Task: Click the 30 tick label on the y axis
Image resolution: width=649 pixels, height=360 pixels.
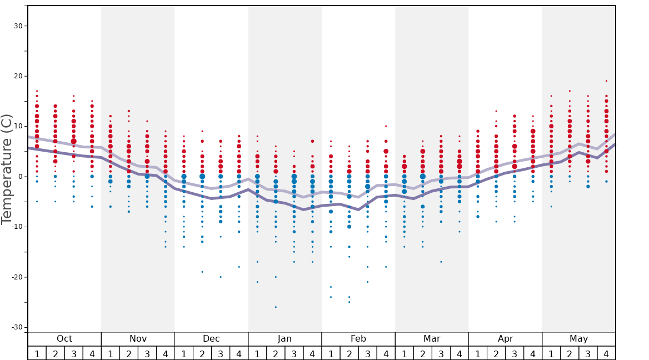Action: click(17, 26)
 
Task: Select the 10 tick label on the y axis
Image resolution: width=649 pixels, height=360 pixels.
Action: click(17, 127)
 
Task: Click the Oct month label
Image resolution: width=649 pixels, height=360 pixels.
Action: click(64, 339)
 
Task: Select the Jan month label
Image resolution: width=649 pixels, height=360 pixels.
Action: click(284, 339)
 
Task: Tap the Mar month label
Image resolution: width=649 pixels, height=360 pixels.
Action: click(432, 339)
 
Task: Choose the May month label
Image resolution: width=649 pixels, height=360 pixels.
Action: click(578, 339)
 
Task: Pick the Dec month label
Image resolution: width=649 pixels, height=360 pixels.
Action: click(211, 339)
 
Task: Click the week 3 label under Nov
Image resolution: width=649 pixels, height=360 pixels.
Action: click(147, 353)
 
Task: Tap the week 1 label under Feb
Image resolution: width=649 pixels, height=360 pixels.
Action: click(331, 353)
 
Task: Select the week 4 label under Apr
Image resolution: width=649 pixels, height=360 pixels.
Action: click(533, 353)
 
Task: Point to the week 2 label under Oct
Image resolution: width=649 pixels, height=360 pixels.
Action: click(55, 353)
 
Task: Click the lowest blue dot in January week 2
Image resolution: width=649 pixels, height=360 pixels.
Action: click(276, 307)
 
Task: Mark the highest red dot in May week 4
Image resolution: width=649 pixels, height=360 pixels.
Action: click(606, 81)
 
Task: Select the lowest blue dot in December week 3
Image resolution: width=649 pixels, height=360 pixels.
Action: click(221, 277)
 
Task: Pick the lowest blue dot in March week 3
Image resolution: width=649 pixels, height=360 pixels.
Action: click(441, 262)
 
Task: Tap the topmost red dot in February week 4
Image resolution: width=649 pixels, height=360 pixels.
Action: click(386, 126)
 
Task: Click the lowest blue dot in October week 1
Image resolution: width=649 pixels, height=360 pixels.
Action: click(37, 202)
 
